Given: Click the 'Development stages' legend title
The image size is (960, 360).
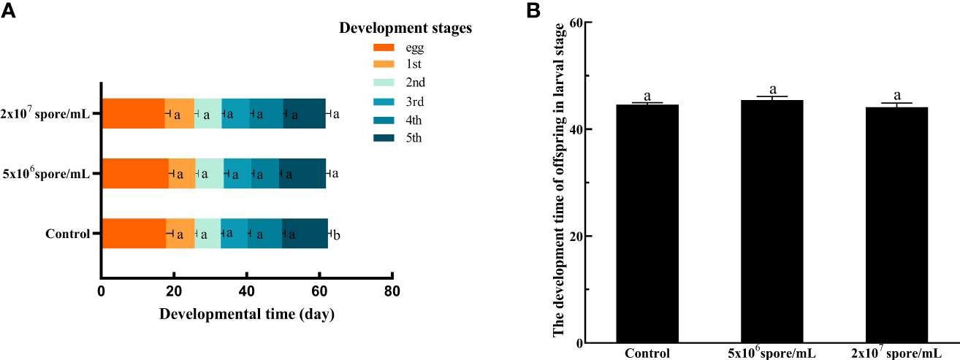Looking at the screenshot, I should coord(405,28).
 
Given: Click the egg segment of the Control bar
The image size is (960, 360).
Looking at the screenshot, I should coord(134,234).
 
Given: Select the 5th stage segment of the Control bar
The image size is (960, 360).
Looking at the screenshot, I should coord(305,234).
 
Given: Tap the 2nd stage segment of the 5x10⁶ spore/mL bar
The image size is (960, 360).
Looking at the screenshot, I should coord(210,174).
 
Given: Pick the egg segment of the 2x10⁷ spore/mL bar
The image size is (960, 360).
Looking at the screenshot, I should coord(133,114).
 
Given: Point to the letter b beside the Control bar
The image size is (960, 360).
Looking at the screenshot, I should coord(337,235).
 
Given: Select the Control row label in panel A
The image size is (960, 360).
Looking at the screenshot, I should coord(66,234).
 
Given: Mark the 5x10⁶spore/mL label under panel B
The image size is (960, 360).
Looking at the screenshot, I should coord(772,353).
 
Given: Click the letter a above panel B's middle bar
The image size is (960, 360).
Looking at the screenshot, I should coord(772,89).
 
